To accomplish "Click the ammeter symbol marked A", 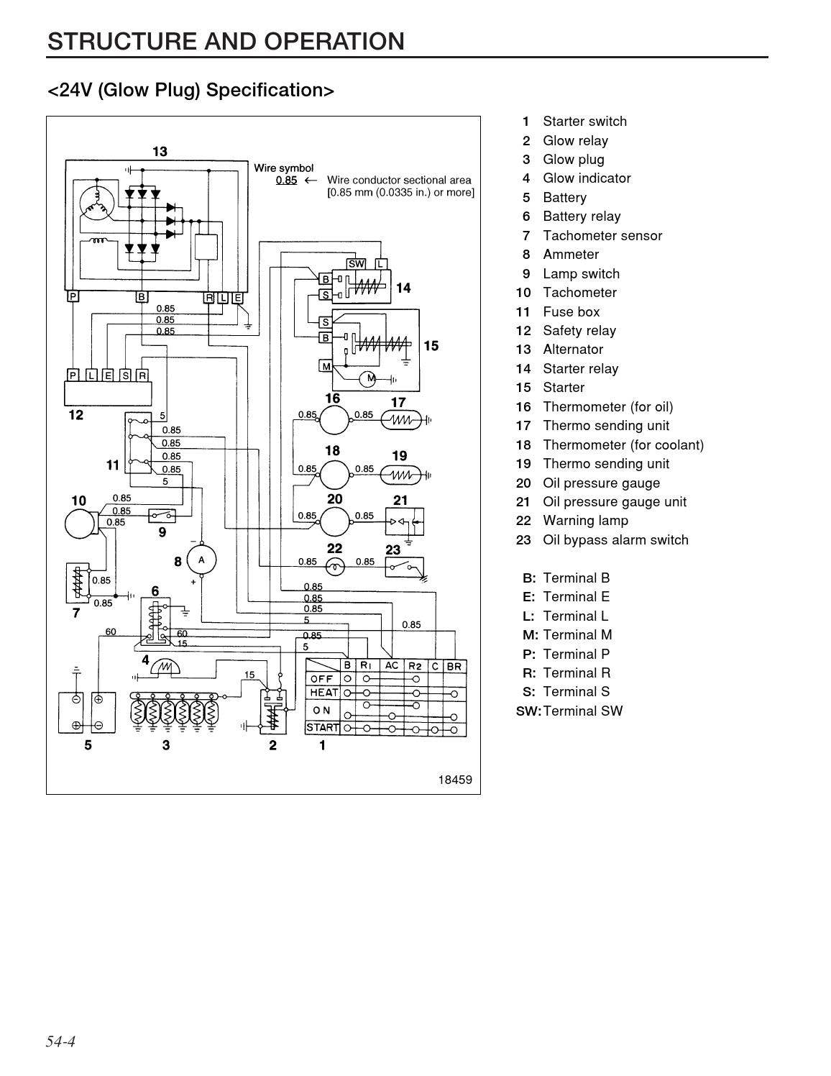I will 201,560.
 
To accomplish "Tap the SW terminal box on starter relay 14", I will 357,264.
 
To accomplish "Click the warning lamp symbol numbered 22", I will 335,567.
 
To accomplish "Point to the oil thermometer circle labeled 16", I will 334,419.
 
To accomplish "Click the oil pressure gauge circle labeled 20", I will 334,521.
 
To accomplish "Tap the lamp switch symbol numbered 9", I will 162,516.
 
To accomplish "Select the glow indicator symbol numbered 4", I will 166,668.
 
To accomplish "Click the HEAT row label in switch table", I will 323,693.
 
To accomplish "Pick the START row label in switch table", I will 322,728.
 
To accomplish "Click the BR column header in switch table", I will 454,666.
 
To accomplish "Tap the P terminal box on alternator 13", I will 73,296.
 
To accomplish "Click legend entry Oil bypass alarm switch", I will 615,540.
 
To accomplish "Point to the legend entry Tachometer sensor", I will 602,236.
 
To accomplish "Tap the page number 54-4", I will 61,1041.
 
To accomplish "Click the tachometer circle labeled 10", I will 80,524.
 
